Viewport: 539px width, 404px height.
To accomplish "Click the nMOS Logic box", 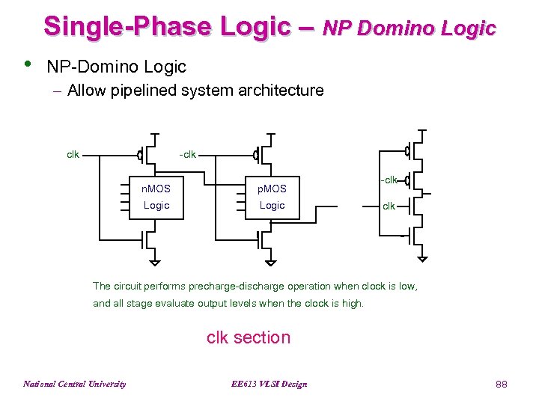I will click(156, 197).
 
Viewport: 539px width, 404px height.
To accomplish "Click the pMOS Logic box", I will click(272, 197).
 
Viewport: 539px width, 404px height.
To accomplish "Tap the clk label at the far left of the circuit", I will click(73, 155).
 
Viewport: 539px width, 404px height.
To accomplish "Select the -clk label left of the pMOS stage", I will click(188, 155).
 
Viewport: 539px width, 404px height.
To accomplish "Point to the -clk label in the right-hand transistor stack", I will click(388, 180).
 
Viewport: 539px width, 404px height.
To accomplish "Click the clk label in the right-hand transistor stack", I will click(389, 206).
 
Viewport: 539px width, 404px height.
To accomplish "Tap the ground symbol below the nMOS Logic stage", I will click(154, 262).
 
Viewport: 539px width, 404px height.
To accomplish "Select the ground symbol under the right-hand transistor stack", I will click(423, 258).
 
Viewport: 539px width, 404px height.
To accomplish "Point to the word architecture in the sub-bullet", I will click(281, 91).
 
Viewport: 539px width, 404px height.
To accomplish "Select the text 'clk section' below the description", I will click(249, 337).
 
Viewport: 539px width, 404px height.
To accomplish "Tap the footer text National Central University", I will click(74, 385).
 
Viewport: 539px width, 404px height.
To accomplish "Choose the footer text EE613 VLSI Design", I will click(269, 385).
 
